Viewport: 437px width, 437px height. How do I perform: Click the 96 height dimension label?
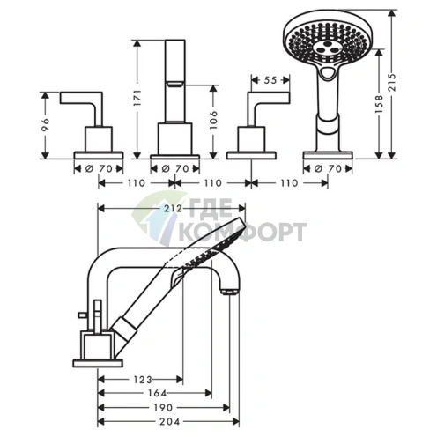[46, 125]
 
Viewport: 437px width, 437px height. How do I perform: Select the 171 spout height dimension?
[138, 98]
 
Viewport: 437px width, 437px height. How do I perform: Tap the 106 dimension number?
[214, 120]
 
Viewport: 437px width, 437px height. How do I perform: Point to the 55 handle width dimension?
[270, 80]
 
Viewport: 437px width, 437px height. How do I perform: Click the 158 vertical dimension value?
[379, 104]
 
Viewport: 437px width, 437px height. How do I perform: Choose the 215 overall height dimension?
[392, 82]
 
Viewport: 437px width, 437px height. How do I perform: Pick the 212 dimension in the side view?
[173, 208]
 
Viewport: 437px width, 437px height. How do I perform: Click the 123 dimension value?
[143, 380]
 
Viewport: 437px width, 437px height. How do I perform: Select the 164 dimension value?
[157, 393]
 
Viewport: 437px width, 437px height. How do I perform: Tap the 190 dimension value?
[163, 408]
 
